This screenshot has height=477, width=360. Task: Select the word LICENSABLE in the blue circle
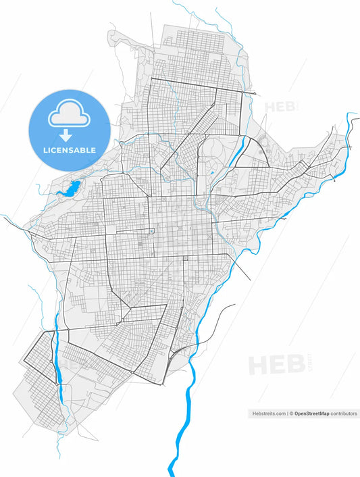tap(69, 150)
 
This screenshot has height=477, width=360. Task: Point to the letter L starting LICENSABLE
tap(45, 150)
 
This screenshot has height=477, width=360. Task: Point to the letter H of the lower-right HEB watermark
tap(258, 366)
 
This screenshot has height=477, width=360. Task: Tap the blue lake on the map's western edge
tap(70, 189)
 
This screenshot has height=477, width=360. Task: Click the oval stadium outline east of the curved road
tap(262, 144)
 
